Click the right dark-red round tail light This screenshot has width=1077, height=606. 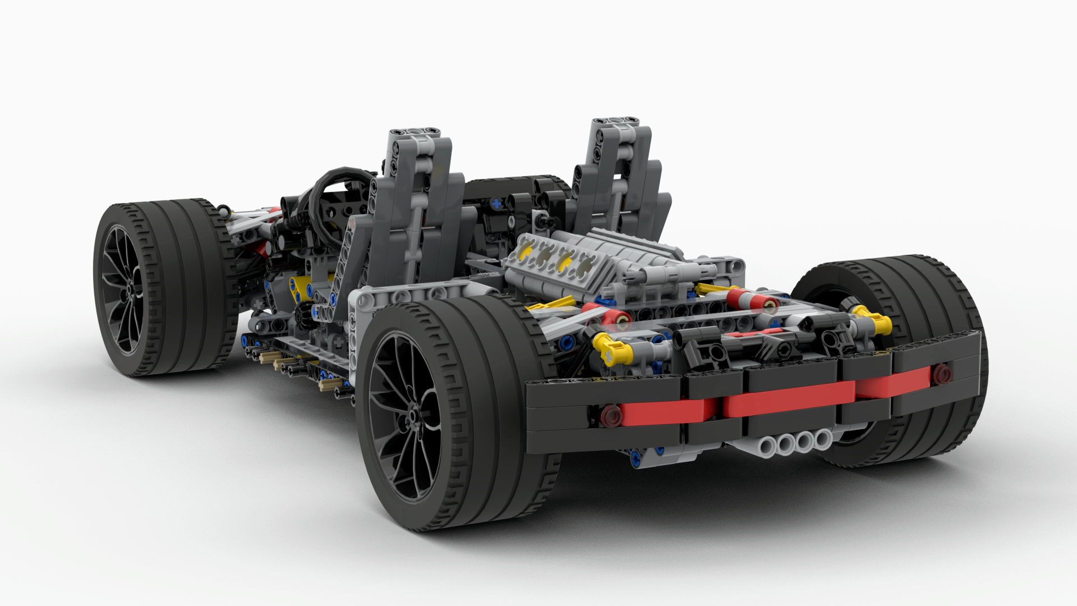pos(941,372)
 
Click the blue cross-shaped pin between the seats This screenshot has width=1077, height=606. pos(496,203)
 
